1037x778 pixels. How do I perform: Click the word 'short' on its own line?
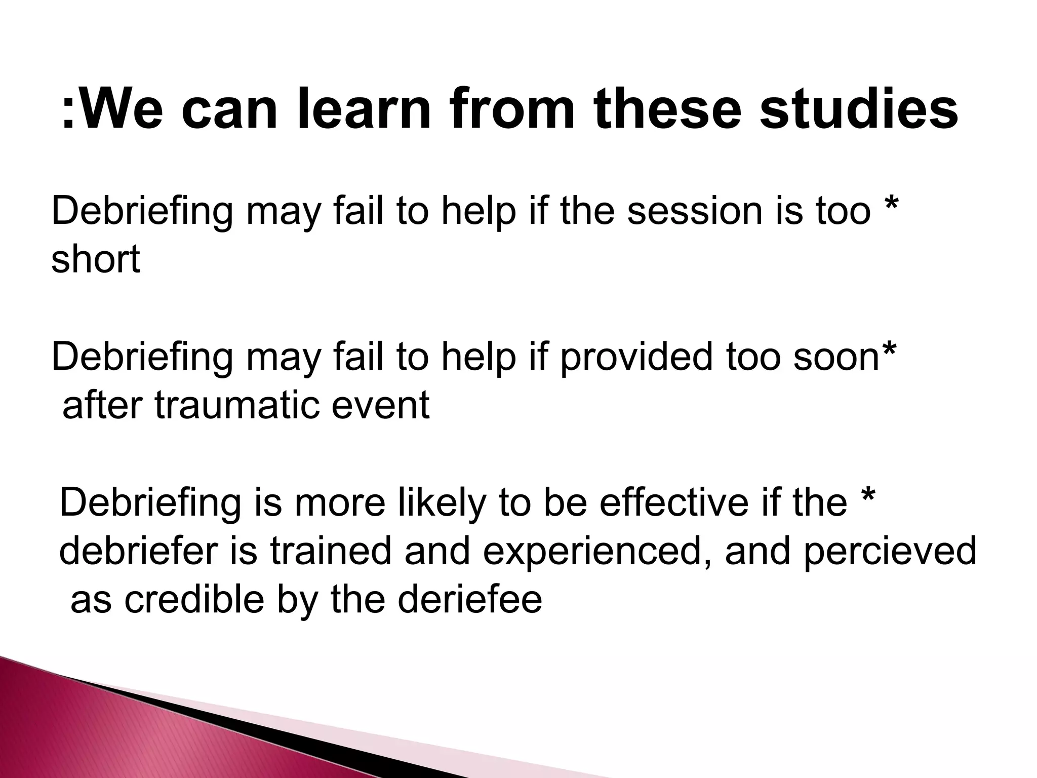click(x=95, y=259)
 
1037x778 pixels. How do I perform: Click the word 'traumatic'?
click(x=236, y=406)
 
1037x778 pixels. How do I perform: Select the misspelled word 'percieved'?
click(x=890, y=553)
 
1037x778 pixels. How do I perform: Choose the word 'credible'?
click(x=194, y=600)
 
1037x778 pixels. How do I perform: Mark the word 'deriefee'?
click(x=469, y=600)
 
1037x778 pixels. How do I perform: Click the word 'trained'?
click(x=331, y=552)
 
